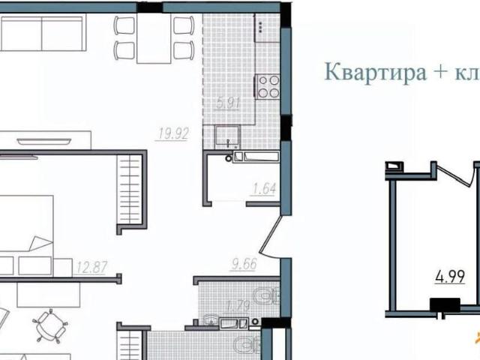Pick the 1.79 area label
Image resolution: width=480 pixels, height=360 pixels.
click(217, 304)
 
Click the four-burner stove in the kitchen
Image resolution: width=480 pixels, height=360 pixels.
click(268, 85)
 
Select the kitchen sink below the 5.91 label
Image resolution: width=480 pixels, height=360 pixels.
click(226, 135)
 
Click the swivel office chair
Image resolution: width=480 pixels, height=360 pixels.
click(48, 324)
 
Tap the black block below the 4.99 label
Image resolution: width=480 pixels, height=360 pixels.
click(444, 304)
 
